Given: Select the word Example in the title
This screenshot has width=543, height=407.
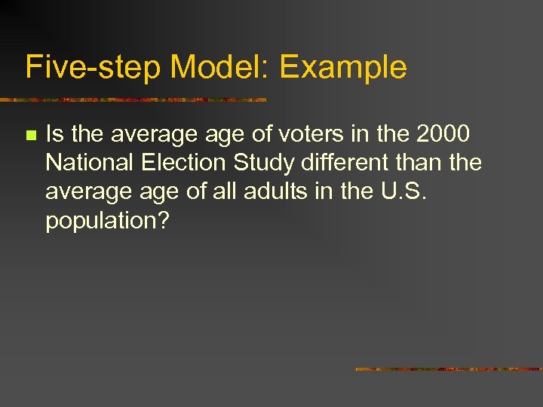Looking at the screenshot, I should pos(343,67).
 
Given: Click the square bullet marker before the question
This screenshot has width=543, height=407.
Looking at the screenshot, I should pos(30,136).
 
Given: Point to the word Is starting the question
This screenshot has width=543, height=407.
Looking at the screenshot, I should pos(56,134).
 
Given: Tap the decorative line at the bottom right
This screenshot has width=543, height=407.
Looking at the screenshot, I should pos(448,369).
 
